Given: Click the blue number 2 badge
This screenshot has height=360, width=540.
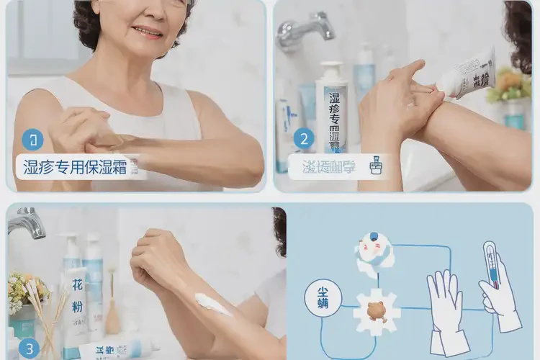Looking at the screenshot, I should click(304, 139).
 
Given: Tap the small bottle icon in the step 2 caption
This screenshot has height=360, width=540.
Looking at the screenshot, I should click(375, 167).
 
